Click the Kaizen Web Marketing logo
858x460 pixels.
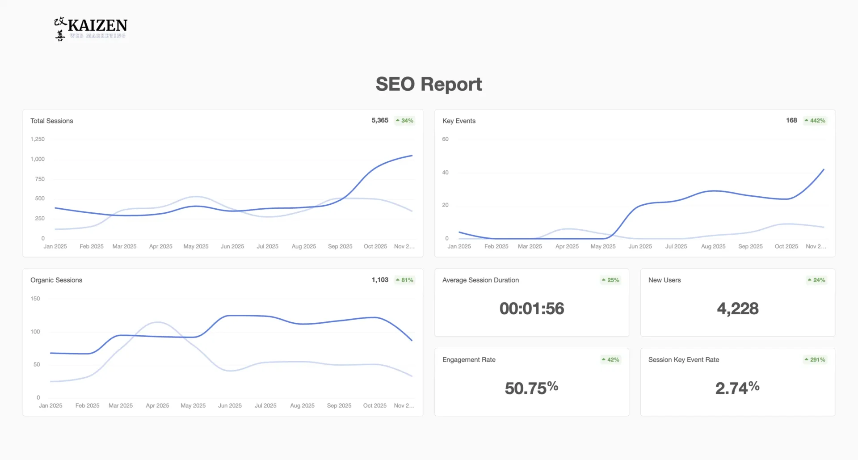click(x=91, y=29)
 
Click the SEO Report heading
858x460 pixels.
click(x=429, y=84)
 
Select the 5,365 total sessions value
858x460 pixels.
click(x=380, y=120)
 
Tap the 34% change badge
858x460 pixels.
click(x=405, y=121)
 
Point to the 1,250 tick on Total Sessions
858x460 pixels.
click(x=38, y=139)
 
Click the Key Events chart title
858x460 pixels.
click(x=459, y=121)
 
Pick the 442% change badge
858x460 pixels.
click(x=815, y=121)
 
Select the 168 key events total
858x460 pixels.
click(x=791, y=120)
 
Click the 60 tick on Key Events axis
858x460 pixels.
click(x=445, y=139)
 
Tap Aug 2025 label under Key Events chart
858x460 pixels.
click(x=713, y=246)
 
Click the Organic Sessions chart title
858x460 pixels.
click(x=56, y=280)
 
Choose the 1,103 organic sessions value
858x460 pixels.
click(x=380, y=280)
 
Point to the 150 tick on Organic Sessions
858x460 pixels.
click(x=35, y=299)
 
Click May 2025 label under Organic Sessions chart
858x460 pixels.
click(x=193, y=405)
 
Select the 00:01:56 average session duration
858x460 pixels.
click(x=532, y=308)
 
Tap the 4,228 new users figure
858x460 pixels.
click(x=738, y=308)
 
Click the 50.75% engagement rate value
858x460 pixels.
click(x=532, y=388)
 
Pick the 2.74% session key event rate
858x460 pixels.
click(x=738, y=388)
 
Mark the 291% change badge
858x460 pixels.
click(x=815, y=359)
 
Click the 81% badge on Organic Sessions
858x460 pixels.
click(x=405, y=280)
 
